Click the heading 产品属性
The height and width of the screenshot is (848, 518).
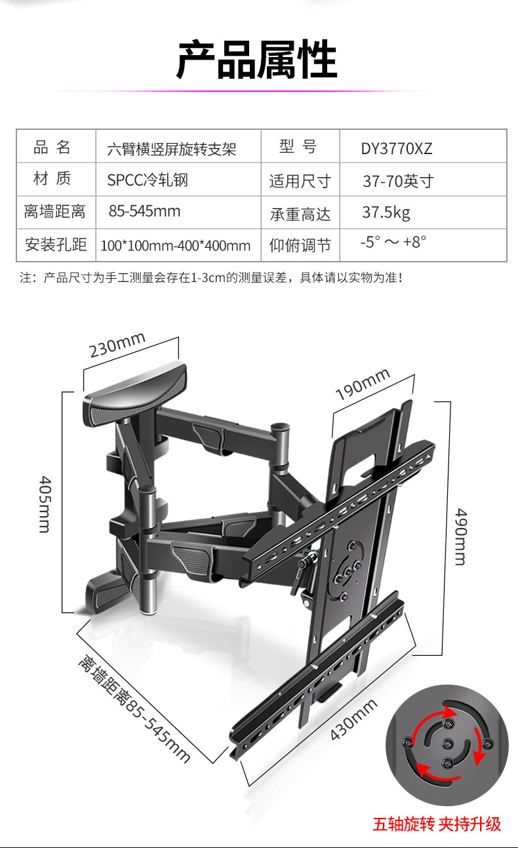pos(257,60)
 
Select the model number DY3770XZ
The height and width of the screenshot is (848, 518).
pos(397,148)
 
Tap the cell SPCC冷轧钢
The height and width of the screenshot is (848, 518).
pos(148,180)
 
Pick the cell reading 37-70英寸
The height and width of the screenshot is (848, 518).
pos(398,181)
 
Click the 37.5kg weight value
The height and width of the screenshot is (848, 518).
pos(386,212)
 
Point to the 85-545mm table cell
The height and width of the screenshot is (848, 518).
pos(144,212)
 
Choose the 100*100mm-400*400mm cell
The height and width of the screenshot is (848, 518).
pos(176,246)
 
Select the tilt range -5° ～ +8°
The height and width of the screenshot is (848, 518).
pos(393,242)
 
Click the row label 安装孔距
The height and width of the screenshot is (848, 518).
pos(56,245)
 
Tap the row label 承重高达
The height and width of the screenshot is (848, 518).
pos(300,214)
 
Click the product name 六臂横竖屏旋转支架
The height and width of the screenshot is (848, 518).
pos(171,149)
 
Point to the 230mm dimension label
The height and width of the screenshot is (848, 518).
pos(117,345)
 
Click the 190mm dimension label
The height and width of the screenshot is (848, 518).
pos(363,385)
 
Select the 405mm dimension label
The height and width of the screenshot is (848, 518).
pos(44,502)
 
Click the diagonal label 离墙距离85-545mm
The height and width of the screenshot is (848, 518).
pos(134,708)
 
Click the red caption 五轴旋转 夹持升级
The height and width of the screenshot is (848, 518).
pos(437,824)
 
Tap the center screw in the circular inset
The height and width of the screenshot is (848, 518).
pos(448,744)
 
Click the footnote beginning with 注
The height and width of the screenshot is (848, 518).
pos(210,278)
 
